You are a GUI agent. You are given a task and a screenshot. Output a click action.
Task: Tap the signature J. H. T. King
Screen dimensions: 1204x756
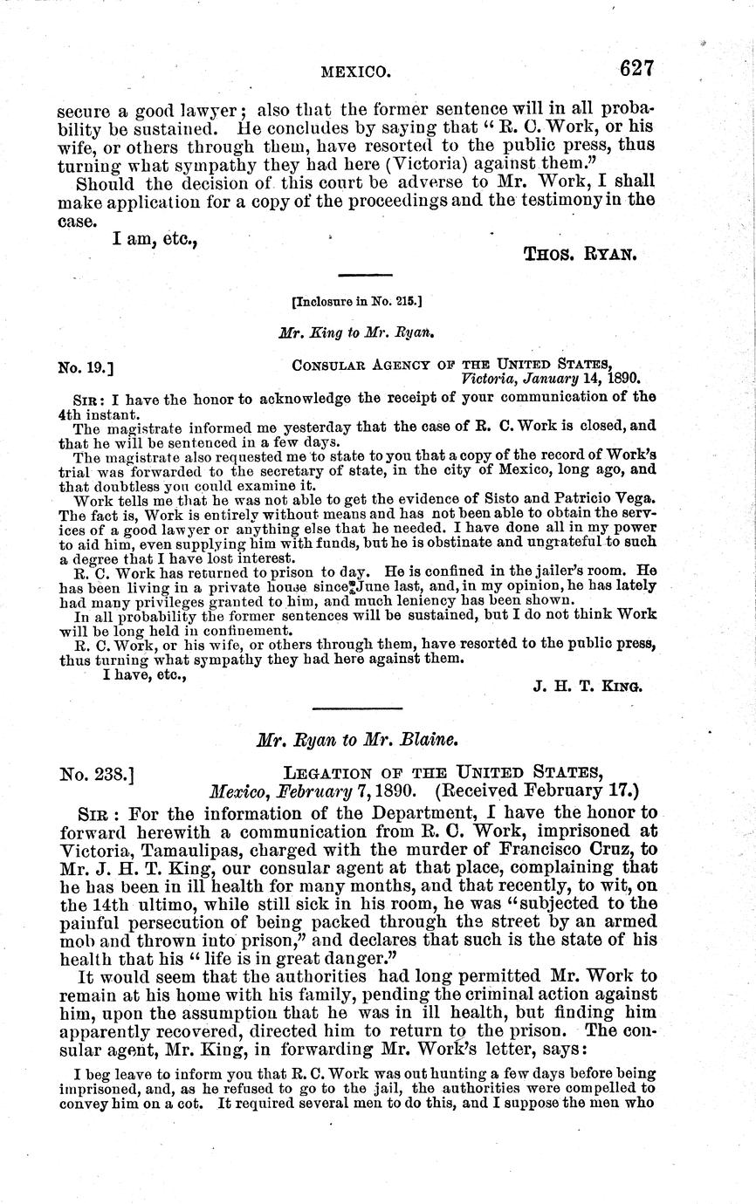pyautogui.click(x=588, y=686)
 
